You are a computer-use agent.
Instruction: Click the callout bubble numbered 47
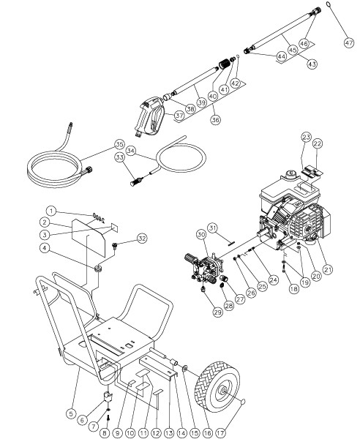tap(349, 43)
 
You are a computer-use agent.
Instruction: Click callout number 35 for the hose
tap(119, 144)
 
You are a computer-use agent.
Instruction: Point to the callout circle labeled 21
tap(328, 269)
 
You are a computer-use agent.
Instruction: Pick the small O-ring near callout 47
tap(329, 4)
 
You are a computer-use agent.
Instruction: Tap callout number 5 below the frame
tap(71, 413)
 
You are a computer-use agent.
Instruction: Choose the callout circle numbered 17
tap(220, 433)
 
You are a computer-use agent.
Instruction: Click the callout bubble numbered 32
tap(142, 239)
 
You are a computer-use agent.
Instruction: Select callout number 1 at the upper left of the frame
tap(51, 211)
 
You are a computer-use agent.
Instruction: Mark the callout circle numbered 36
tap(216, 119)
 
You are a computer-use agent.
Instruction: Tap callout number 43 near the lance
tap(312, 64)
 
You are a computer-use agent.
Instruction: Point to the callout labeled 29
tap(218, 312)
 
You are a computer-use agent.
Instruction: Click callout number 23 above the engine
tap(307, 138)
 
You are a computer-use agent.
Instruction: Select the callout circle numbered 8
tap(105, 433)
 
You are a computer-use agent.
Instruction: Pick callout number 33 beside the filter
tap(119, 157)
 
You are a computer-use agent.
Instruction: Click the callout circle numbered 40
tap(213, 96)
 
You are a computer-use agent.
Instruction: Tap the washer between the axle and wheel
tap(185, 369)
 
